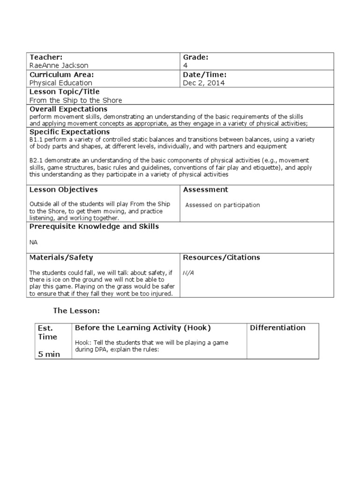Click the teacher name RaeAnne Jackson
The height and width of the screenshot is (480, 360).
coord(59,66)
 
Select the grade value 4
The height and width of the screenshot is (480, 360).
coord(185,66)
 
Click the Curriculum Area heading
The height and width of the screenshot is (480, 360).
coord(62,75)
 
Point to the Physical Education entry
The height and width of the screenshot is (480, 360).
coord(61,83)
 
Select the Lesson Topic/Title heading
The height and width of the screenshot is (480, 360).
coord(64,91)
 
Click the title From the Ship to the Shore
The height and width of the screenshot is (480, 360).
coord(75,100)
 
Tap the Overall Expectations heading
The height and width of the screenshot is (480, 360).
coord(68,109)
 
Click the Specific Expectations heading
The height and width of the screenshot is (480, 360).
coord(69,132)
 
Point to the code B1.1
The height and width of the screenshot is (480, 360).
coord(36,140)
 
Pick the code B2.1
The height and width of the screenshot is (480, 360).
coord(36,160)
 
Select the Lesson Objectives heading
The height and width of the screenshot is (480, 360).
coord(64,189)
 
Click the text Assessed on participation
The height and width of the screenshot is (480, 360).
coord(222,205)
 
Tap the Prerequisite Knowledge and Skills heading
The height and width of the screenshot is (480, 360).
coord(94,226)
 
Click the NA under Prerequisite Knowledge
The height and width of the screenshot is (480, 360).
coord(33,242)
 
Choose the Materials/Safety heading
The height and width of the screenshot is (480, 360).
coord(61,257)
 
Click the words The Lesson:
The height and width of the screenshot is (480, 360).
coord(76,311)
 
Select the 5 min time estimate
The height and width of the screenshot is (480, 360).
coord(49,354)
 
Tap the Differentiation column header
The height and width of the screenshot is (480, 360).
coord(277,328)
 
